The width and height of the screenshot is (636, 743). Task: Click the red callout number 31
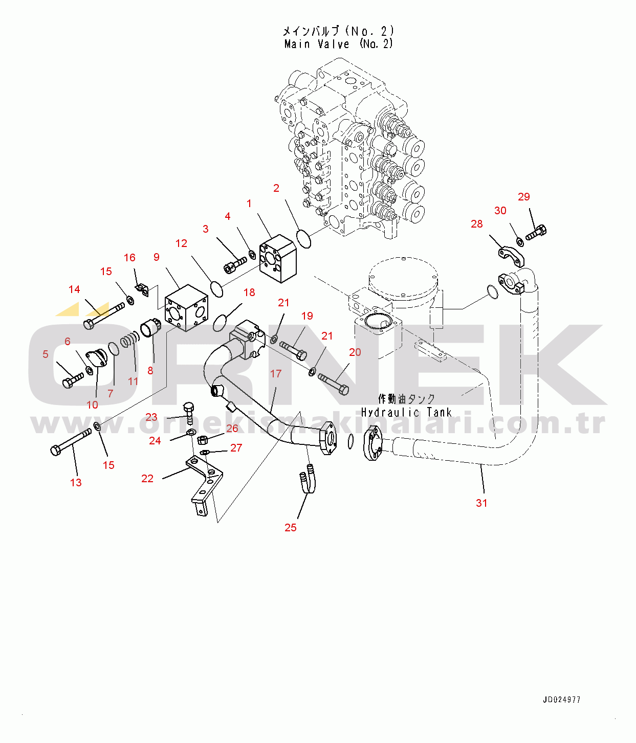[481, 503]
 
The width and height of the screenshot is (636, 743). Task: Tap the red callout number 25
[290, 527]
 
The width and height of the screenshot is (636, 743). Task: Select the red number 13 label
[76, 482]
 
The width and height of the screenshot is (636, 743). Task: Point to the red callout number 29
[524, 197]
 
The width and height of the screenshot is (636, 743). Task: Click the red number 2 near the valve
[276, 188]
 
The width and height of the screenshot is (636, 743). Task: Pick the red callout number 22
[147, 479]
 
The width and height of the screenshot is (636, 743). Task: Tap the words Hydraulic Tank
[406, 412]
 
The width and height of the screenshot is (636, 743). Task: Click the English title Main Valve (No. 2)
[338, 44]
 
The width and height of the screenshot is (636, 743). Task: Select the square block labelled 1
[278, 258]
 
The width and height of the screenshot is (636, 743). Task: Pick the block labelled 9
[186, 307]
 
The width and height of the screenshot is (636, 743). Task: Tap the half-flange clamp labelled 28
[511, 256]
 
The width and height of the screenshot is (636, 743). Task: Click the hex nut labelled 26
[202, 439]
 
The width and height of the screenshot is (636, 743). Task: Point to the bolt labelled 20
[334, 384]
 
